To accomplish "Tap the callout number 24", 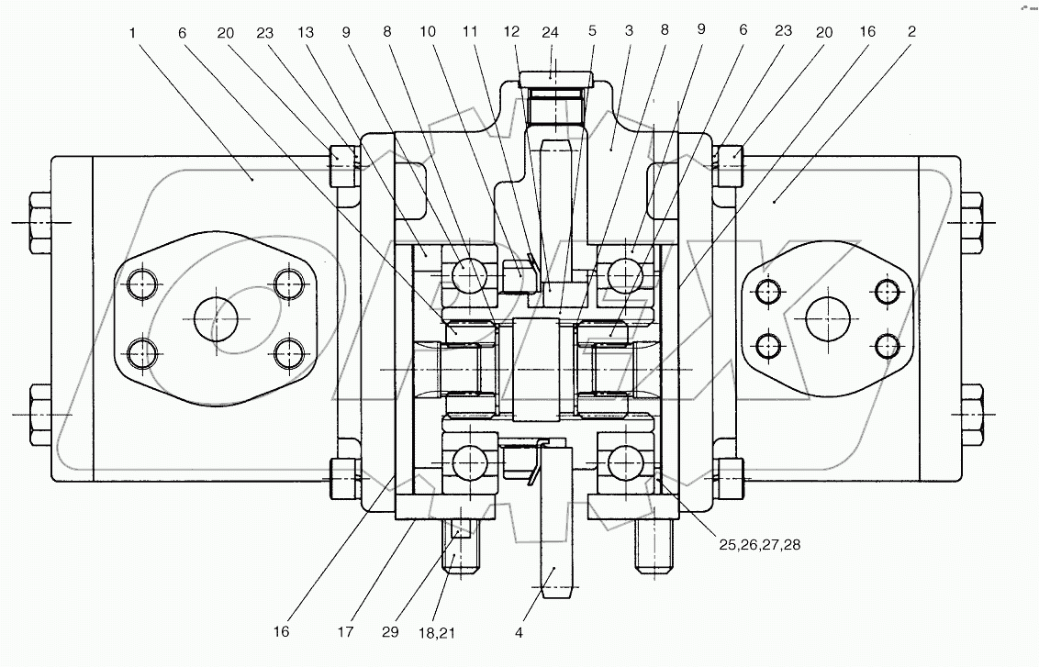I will coord(551,31).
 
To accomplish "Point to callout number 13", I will coord(305,31).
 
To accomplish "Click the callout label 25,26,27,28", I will coord(760,544).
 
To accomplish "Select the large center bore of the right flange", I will coord(828,319).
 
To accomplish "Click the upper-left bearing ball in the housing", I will coord(467,272).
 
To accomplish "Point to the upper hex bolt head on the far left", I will coord(41,222).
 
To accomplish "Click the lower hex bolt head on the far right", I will coord(971,414).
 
